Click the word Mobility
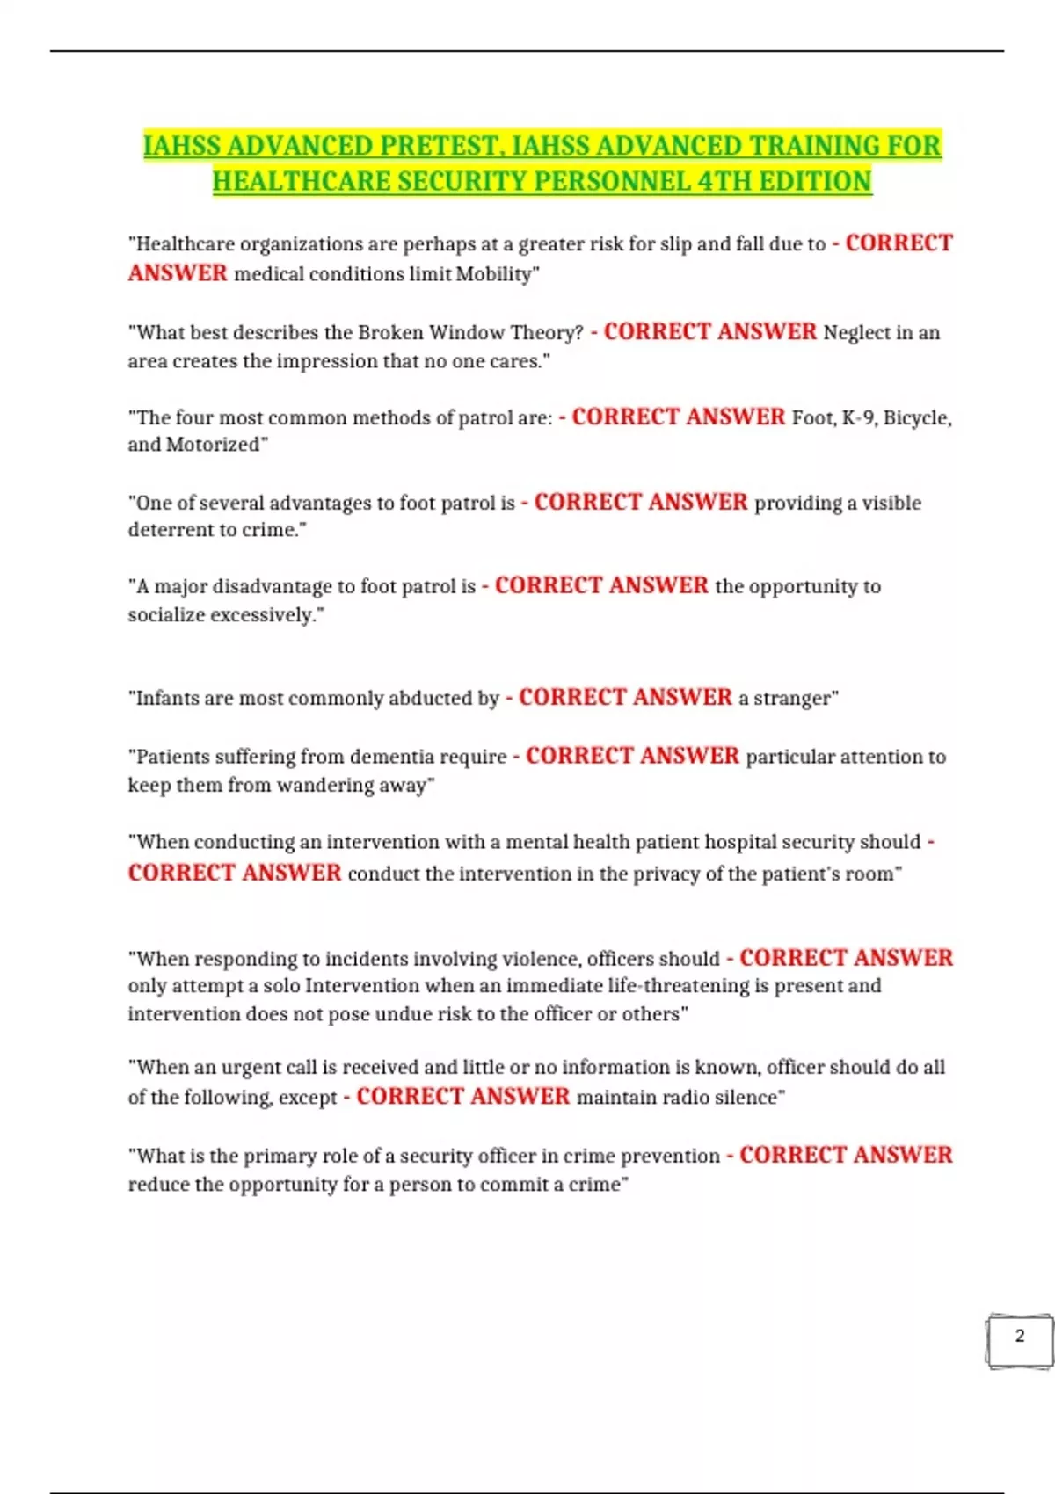tap(495, 274)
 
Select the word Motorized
tap(215, 445)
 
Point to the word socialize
tap(170, 615)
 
